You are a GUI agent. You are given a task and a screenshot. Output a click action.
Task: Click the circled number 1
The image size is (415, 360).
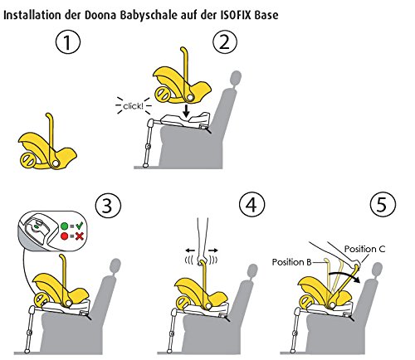click(68, 43)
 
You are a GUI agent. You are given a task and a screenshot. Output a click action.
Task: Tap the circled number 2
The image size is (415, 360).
click(225, 42)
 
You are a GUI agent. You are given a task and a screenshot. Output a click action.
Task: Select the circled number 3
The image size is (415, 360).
click(108, 206)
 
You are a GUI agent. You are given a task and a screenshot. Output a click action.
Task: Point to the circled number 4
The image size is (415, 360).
click(251, 206)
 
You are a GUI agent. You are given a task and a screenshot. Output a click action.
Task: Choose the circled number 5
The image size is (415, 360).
click(383, 205)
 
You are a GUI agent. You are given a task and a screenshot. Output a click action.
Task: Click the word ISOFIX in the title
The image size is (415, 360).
click(237, 15)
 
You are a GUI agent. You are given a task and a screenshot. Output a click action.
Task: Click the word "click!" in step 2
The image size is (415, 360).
click(133, 106)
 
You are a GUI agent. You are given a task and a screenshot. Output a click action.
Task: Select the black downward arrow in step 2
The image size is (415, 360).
click(187, 110)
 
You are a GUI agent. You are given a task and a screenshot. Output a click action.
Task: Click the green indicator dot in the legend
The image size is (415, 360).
click(64, 226)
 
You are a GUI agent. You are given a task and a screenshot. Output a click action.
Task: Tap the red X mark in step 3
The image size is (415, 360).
click(80, 236)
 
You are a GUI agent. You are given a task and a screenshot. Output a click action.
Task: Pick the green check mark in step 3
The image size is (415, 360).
click(80, 226)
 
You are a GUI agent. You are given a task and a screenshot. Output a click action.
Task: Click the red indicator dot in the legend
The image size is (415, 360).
click(64, 236)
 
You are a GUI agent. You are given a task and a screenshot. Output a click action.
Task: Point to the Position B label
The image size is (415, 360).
click(292, 262)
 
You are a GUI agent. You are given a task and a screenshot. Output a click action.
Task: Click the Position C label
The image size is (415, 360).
click(364, 249)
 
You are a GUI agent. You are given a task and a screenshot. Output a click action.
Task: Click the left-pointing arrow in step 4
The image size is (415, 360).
click(190, 251)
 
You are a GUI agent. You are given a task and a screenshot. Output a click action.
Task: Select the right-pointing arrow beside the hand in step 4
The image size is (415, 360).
click(213, 251)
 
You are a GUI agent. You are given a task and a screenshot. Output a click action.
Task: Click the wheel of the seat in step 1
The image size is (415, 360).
click(27, 160)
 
